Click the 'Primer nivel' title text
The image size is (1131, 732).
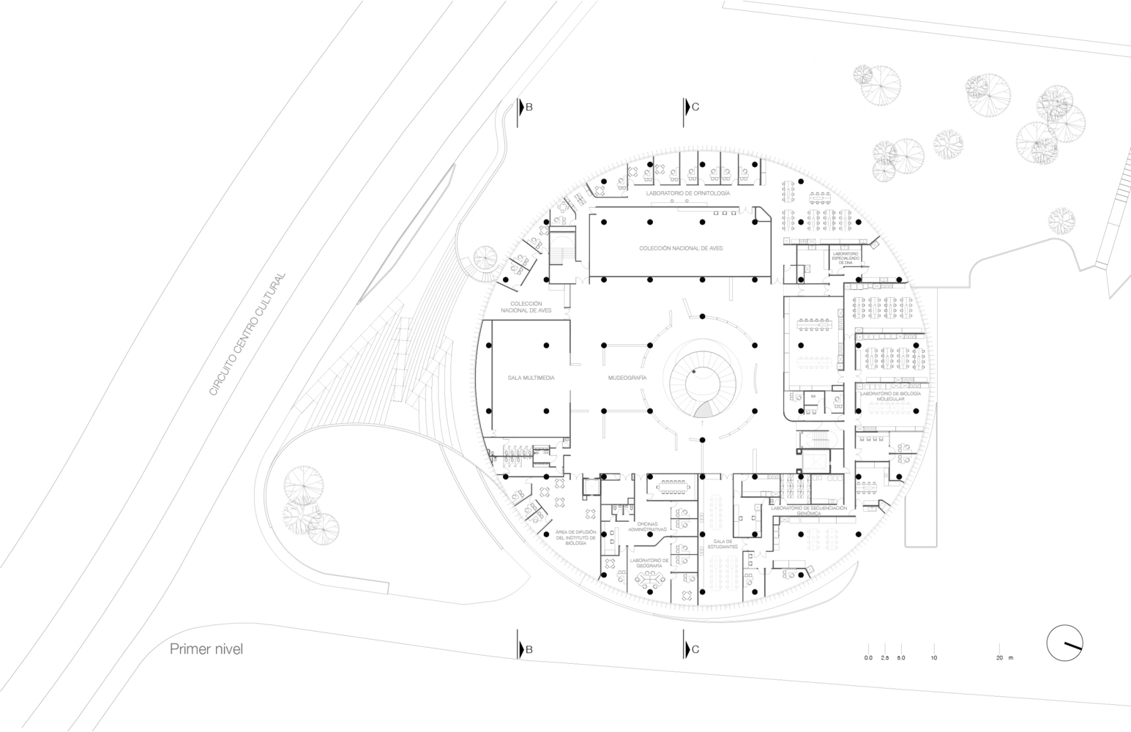(x=206, y=649)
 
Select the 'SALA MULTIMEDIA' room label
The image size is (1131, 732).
(x=531, y=378)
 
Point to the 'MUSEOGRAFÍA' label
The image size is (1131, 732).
(x=627, y=378)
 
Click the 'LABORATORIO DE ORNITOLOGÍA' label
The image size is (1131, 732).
(x=687, y=193)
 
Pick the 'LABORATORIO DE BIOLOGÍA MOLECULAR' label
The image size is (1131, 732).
(x=887, y=396)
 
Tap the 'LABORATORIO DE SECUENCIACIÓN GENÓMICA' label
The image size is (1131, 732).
(x=808, y=511)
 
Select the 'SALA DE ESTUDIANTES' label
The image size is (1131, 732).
(x=723, y=544)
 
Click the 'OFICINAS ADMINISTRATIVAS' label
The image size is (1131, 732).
(x=651, y=526)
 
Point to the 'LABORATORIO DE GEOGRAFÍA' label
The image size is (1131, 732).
(x=649, y=563)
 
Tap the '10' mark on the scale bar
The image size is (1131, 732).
(x=933, y=659)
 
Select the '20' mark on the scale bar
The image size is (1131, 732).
(x=999, y=659)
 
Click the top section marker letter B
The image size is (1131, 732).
(x=529, y=107)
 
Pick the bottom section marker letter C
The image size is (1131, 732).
(x=695, y=649)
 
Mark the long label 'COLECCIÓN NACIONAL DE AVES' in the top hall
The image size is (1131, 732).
(x=680, y=249)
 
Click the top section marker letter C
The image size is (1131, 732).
(x=695, y=107)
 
